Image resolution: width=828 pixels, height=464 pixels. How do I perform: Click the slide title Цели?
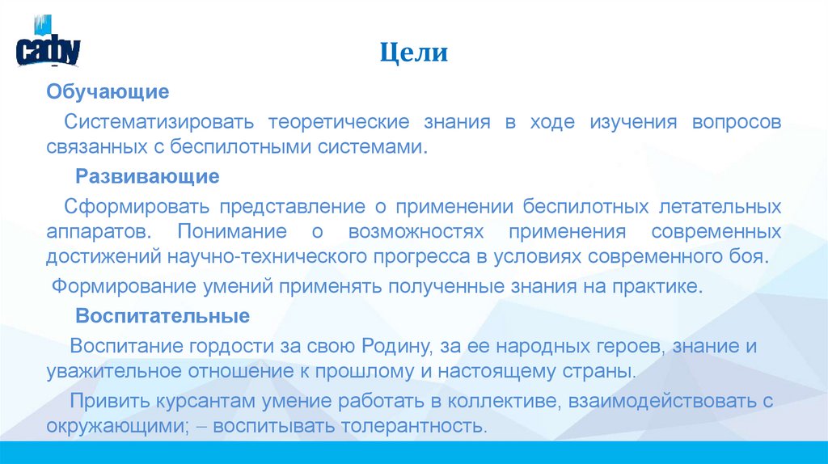click(414, 53)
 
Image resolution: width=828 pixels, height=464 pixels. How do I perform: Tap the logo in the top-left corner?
click(48, 44)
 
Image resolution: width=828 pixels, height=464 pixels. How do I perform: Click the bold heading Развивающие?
click(147, 176)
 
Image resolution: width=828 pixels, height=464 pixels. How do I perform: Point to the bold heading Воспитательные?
click(162, 315)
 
